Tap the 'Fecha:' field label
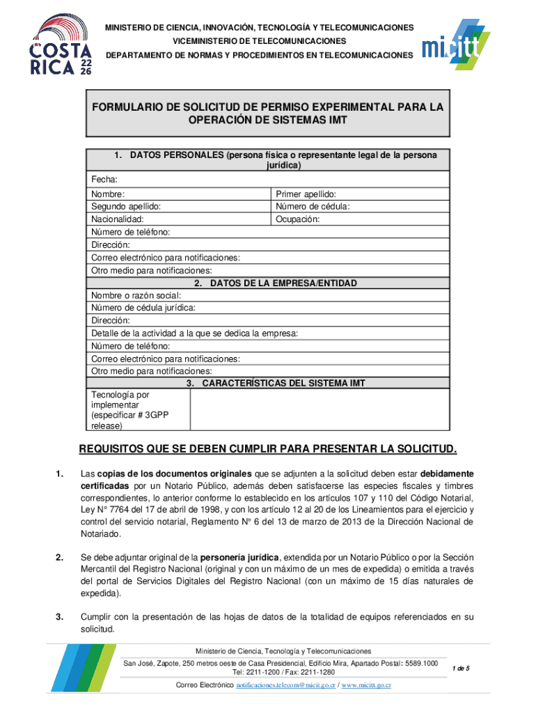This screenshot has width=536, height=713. tap(103, 180)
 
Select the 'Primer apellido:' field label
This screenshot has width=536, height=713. tap(306, 194)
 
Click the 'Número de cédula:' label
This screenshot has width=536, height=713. tap(313, 207)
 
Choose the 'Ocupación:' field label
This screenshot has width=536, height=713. tap(297, 219)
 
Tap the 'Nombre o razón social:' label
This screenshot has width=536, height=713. tap(136, 295)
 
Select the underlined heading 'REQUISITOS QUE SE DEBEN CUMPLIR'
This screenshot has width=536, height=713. tap(268, 447)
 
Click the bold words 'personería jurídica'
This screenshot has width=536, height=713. tap(240, 558)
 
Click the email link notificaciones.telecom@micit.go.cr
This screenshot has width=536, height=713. tap(285, 686)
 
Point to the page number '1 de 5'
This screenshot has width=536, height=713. tap(461, 669)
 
